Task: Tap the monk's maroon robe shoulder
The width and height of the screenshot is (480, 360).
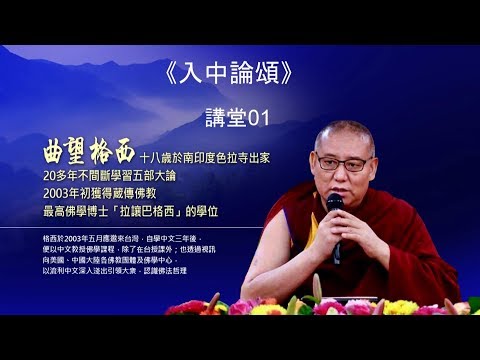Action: pyautogui.click(x=405, y=215)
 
